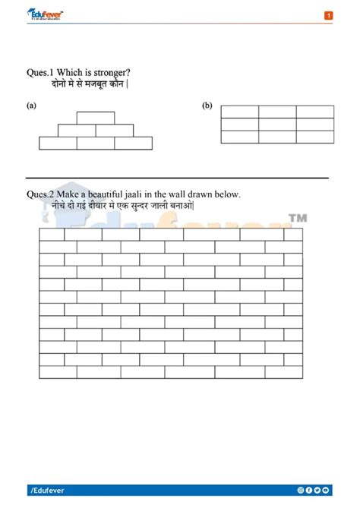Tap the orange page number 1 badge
tap(328, 15)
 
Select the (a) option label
tap(31, 106)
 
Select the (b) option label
tap(207, 106)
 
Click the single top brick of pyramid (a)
tap(96, 118)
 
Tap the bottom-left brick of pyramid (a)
tap(58, 143)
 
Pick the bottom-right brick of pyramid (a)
tap(133, 143)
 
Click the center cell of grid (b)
tap(277, 125)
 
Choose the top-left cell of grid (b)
tap(239, 112)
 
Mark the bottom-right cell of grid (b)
tap(315, 137)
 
